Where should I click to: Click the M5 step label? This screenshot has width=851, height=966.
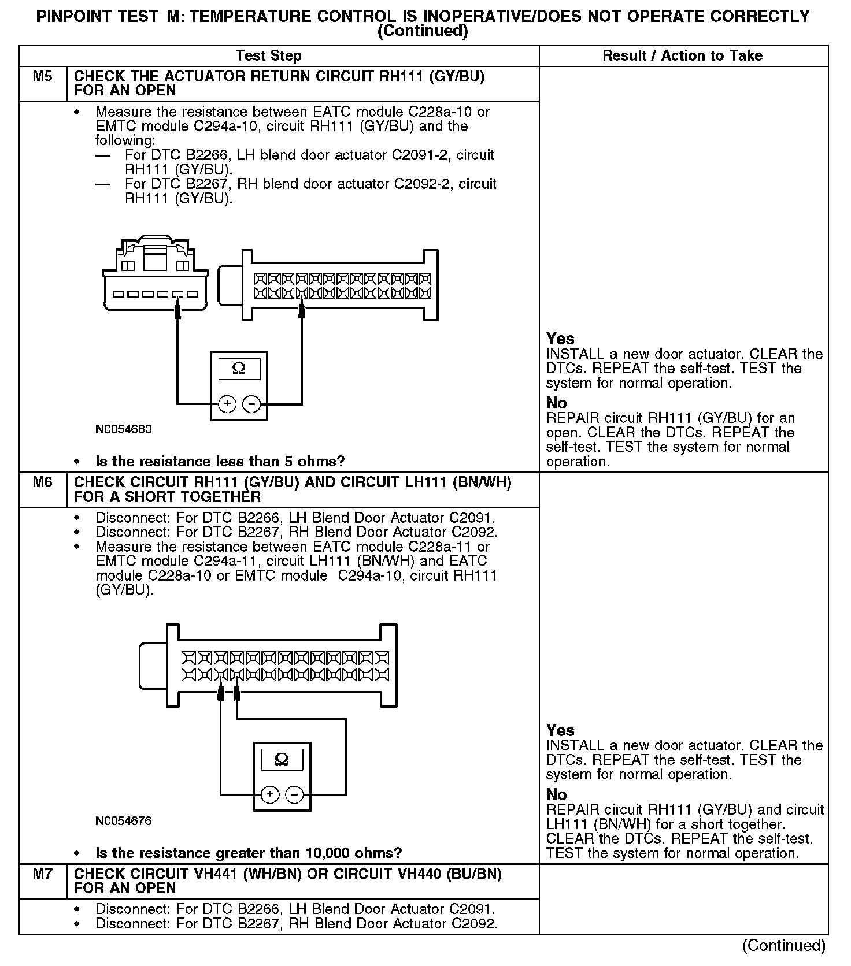42,77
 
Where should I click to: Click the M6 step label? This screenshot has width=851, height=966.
42,482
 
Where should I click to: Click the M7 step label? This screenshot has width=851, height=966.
42,874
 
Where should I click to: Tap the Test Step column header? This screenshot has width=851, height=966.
268,56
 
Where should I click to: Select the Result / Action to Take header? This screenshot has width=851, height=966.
682,56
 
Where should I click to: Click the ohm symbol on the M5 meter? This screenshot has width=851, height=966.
238,369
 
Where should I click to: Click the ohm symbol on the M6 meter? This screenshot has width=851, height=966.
282,759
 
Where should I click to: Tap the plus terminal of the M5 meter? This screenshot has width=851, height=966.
227,404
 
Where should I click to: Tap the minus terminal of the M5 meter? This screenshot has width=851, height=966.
251,404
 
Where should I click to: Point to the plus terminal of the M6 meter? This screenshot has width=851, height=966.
270,795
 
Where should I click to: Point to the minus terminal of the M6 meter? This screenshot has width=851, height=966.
294,795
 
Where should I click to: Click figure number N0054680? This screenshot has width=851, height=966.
124,429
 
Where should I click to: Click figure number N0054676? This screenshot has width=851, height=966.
124,820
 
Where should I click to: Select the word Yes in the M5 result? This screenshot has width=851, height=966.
560,339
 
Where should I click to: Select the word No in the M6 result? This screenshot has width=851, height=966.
557,794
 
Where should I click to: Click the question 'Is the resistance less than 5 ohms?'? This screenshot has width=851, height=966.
220,461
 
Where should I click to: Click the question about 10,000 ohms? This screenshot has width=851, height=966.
249,853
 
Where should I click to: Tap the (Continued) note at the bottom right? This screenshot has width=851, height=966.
784,945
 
